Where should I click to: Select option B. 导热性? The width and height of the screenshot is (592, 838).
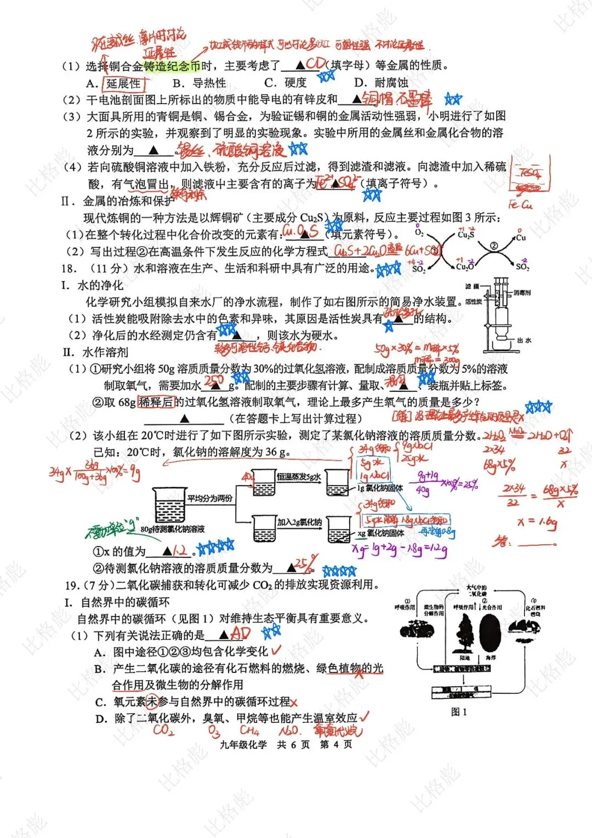pyautogui.click(x=200, y=83)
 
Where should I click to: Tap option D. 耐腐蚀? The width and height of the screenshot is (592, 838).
pyautogui.click(x=381, y=83)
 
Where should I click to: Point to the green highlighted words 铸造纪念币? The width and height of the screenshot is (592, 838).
pyautogui.click(x=172, y=66)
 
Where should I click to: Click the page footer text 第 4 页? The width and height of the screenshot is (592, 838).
pyautogui.click(x=336, y=744)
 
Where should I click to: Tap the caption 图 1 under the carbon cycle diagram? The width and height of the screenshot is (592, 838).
pyautogui.click(x=458, y=712)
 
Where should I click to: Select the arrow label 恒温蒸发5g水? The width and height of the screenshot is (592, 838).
pyautogui.click(x=299, y=477)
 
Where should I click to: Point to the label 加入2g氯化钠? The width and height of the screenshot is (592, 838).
pyautogui.click(x=299, y=522)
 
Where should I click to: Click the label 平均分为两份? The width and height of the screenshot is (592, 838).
pyautogui.click(x=210, y=499)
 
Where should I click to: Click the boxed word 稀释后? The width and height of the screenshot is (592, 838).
pyautogui.click(x=156, y=402)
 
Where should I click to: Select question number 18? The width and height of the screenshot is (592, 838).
pyautogui.click(x=70, y=269)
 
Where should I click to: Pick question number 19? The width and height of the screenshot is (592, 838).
pyautogui.click(x=72, y=585)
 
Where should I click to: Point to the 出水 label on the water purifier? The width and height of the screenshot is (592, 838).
pyautogui.click(x=524, y=340)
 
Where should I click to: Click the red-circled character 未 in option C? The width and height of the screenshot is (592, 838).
pyautogui.click(x=151, y=702)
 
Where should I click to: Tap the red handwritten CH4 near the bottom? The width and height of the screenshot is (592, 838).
pyautogui.click(x=249, y=731)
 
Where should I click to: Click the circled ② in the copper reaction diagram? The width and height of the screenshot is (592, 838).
pyautogui.click(x=493, y=247)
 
